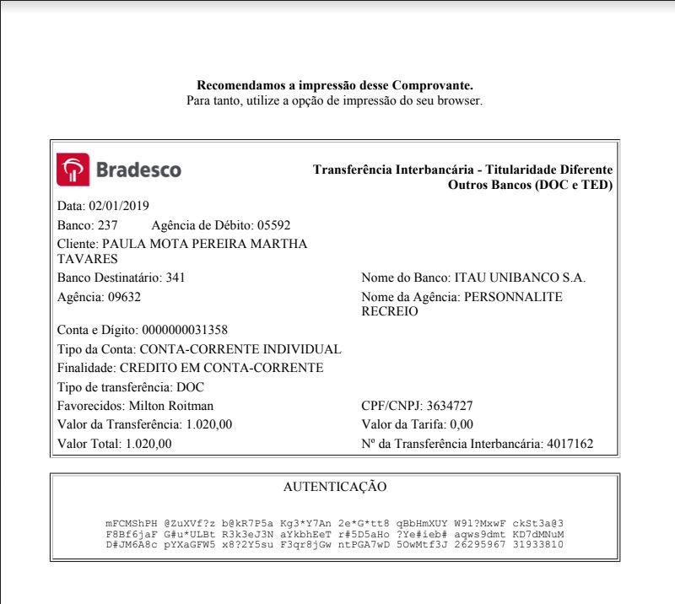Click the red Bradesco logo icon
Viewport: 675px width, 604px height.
[72, 170]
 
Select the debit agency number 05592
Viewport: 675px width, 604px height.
[273, 225]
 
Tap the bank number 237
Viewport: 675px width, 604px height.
[107, 225]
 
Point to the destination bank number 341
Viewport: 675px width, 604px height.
[175, 277]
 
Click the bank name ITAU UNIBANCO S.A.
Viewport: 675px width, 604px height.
[520, 277]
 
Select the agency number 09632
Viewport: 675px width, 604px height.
[124, 297]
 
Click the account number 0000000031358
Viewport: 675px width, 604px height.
[185, 330]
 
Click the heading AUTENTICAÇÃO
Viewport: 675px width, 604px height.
[335, 487]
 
